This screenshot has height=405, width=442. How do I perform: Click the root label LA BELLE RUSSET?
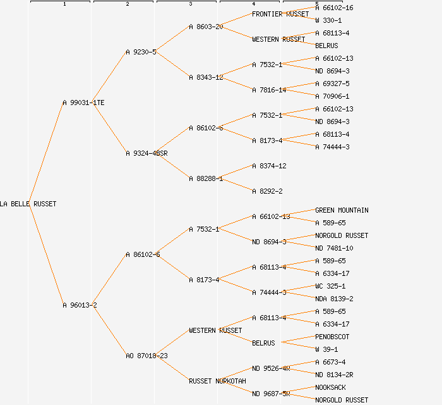coord(28,204)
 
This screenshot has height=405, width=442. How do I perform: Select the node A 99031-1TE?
coord(83,103)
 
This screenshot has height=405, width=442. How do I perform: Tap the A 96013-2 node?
coord(80,305)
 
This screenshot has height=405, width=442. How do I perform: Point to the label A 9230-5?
coord(141,52)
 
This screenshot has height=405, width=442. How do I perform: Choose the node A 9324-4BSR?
coord(146,153)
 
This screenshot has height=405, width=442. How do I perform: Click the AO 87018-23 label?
coord(146,356)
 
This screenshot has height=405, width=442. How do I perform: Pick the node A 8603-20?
coord(206,27)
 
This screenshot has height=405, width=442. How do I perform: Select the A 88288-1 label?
coord(206,178)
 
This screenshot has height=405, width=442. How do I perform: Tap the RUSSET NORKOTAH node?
coord(217,381)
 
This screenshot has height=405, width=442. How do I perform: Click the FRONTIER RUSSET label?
coord(280,14)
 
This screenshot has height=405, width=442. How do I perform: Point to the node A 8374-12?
coord(269,166)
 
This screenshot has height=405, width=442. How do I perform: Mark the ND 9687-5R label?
coord(271,394)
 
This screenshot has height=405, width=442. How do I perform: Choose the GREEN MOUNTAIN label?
coord(342,210)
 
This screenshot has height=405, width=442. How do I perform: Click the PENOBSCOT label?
coord(332,337)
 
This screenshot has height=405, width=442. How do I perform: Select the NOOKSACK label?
coord(330,387)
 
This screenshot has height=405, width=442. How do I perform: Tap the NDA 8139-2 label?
coord(334,299)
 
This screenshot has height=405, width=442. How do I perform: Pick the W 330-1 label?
coord(328,20)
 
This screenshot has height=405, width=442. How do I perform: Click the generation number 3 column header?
coord(190,4)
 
